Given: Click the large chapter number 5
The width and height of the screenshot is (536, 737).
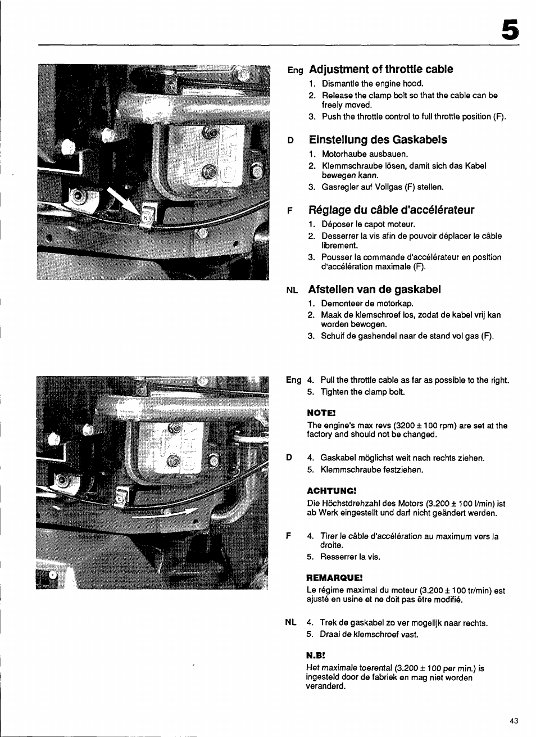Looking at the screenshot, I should click(x=509, y=30).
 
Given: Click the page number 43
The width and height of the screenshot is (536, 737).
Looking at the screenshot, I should click(x=514, y=721).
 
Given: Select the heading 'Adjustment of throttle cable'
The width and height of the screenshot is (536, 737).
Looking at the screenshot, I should click(x=380, y=70).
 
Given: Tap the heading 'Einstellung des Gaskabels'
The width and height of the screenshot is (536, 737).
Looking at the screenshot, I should click(x=378, y=140).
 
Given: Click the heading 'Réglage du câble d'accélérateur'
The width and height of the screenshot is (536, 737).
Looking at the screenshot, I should click(x=391, y=210).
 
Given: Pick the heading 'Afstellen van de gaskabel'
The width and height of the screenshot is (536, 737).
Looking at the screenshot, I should click(x=374, y=290).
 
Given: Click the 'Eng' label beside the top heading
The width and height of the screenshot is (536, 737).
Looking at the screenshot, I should click(x=295, y=71).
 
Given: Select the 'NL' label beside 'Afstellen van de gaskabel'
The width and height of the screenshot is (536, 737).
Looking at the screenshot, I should click(x=291, y=291).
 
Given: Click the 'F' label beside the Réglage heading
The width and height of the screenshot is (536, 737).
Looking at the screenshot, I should click(x=290, y=211).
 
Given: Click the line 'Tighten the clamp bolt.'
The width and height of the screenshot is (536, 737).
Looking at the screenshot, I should click(x=362, y=392).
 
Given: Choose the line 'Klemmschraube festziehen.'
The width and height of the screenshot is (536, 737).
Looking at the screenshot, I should click(x=372, y=469).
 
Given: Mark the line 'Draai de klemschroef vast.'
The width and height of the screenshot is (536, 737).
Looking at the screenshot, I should click(x=369, y=634).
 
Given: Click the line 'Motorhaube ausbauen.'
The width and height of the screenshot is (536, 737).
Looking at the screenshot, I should click(x=365, y=154).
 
